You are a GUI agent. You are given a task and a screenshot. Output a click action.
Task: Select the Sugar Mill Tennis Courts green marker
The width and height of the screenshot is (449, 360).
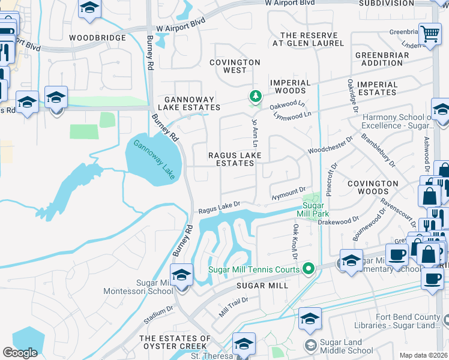309,268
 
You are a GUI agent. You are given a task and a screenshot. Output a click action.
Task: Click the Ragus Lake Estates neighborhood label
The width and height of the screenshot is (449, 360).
234,159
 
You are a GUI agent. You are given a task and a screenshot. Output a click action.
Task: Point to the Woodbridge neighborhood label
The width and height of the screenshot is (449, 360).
97,38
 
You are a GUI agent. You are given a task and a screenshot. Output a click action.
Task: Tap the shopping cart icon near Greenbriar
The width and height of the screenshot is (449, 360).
430,34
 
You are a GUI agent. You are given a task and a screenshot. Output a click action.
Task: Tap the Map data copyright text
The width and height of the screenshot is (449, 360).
424,355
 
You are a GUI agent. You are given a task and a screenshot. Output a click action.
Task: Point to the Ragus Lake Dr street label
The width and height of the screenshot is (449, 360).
220,208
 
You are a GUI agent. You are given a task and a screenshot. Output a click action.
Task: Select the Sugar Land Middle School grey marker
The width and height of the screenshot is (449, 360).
310,344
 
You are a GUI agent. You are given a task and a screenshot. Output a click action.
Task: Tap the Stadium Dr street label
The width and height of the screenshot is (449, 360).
161,311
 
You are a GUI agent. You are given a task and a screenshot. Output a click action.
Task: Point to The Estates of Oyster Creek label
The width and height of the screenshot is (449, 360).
175,343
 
